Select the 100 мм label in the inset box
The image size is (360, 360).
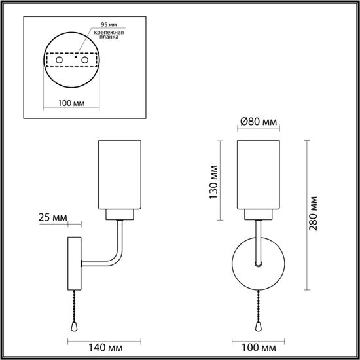70,103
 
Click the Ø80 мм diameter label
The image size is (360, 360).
257,122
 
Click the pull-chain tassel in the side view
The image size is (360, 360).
73,325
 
